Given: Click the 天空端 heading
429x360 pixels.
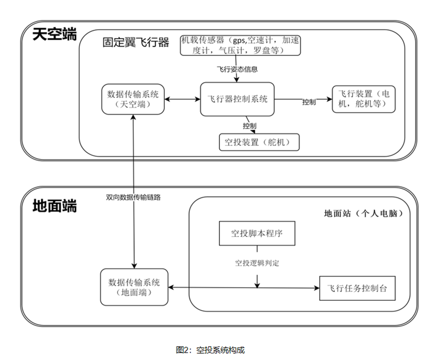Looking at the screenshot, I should click(x=55, y=35).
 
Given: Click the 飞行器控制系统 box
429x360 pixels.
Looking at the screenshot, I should click(x=238, y=98).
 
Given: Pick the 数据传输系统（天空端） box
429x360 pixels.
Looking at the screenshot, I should click(x=133, y=99).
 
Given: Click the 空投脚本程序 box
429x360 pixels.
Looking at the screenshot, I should click(x=257, y=233).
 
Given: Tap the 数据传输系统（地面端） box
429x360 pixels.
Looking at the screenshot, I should click(x=134, y=287).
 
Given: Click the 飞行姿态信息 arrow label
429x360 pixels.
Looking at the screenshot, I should click(x=237, y=69).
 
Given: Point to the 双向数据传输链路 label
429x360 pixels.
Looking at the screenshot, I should click(x=133, y=198).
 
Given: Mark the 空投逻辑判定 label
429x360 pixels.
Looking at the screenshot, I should click(x=257, y=263).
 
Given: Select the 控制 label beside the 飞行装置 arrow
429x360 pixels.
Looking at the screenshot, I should click(x=309, y=103).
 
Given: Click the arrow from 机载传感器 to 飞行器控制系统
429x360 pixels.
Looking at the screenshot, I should click(x=237, y=76).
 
